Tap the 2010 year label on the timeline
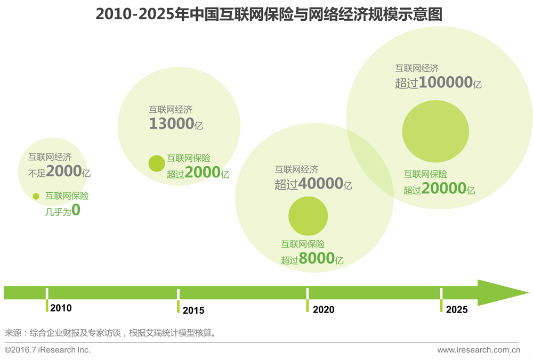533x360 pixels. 61,308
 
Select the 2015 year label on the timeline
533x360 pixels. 193,310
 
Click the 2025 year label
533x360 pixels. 457,309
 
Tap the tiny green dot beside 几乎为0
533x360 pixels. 36,196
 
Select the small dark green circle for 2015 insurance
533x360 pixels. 157,163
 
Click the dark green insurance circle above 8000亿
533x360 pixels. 308,216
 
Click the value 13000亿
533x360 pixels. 176,125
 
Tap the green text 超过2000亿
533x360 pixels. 198,173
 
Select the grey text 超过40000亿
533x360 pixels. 313,184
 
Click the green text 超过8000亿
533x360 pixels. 312,259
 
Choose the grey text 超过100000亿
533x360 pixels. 438,83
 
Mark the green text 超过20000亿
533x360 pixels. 439,189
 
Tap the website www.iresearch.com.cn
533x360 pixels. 478,350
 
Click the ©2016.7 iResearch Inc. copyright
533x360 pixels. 48,350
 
